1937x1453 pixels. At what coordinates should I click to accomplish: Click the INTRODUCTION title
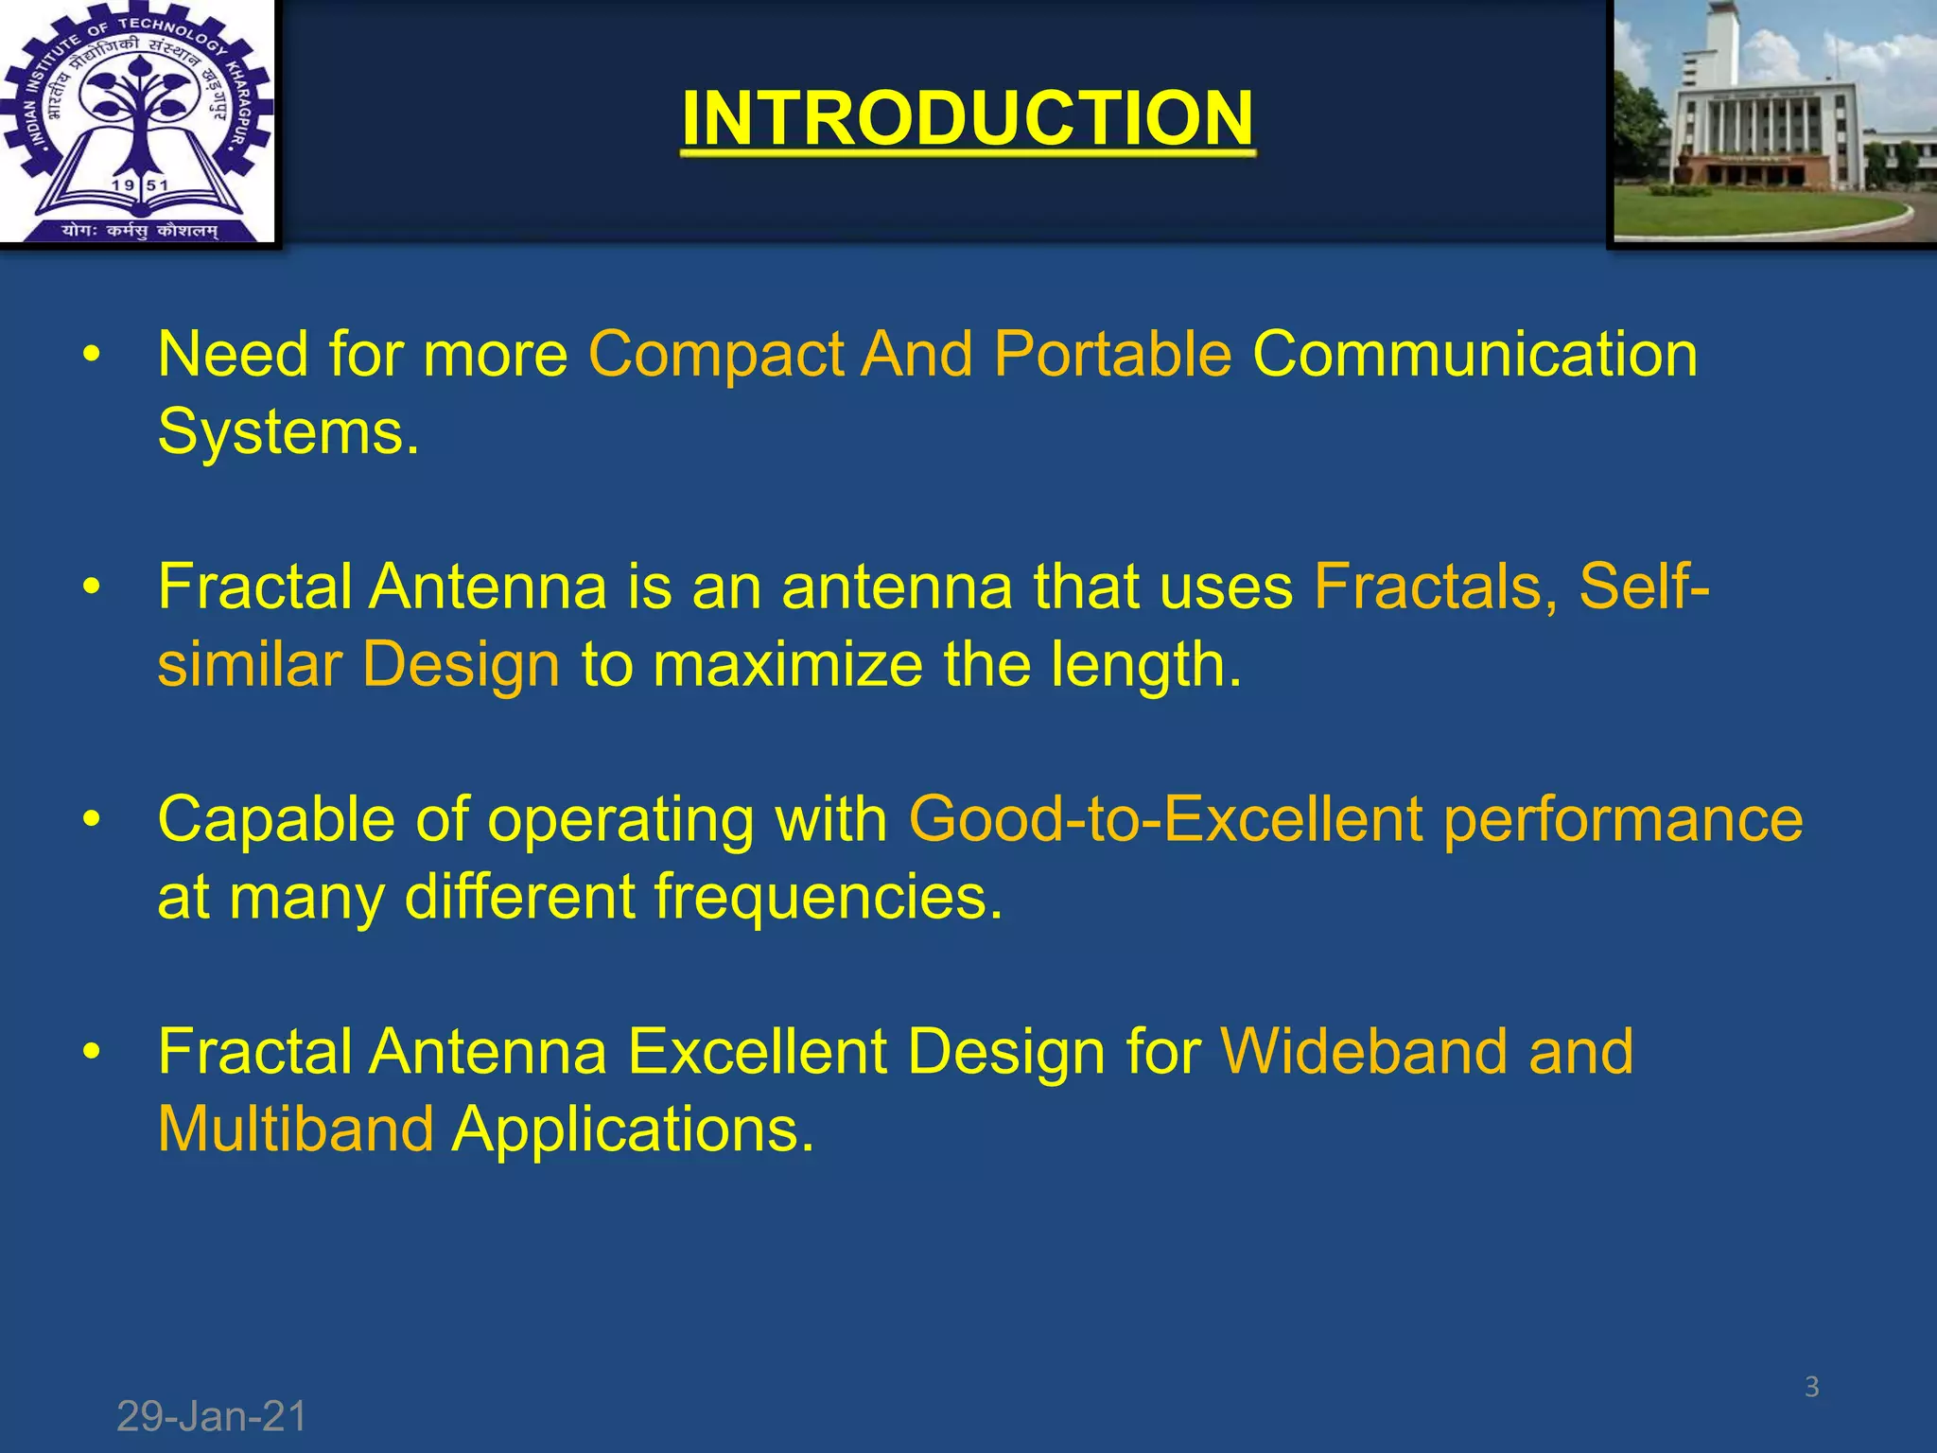click(x=968, y=118)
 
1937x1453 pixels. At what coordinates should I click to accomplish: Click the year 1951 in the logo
click(x=139, y=185)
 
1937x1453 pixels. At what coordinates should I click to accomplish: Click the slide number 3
click(x=1811, y=1387)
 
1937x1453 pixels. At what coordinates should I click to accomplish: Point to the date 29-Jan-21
click(x=212, y=1417)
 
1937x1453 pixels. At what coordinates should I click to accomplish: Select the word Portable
click(x=1112, y=355)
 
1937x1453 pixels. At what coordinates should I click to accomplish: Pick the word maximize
click(x=787, y=664)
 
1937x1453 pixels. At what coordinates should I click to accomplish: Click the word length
click(x=1145, y=666)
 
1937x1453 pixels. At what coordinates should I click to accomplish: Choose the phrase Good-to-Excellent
click(x=1165, y=819)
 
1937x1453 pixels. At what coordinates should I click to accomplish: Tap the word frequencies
click(x=829, y=898)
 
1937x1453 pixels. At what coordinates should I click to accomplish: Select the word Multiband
click(x=296, y=1129)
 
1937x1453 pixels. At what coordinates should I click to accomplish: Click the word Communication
click(x=1475, y=355)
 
